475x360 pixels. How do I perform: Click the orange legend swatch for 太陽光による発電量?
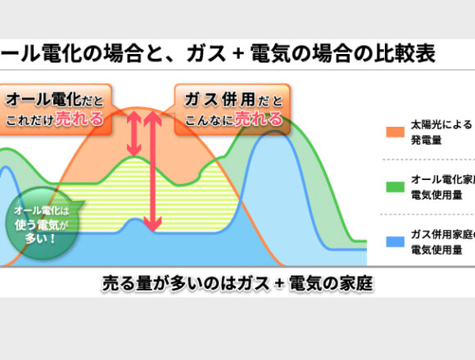[396, 133]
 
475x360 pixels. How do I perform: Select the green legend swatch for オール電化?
[396, 187]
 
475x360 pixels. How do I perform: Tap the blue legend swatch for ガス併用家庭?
[396, 241]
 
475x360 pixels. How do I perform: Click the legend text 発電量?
[426, 140]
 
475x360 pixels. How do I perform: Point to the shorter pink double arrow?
[133, 133]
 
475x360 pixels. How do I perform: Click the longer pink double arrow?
[152, 172]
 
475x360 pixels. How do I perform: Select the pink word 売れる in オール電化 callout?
[79, 119]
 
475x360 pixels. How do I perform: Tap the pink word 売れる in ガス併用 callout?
[259, 119]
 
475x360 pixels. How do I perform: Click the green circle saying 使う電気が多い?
[42, 223]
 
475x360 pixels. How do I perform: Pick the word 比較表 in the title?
[405, 53]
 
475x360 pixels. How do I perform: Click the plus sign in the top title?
[238, 54]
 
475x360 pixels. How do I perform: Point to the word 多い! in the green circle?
[40, 239]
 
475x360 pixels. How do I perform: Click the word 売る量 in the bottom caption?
[127, 283]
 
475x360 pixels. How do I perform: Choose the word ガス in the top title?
[206, 53]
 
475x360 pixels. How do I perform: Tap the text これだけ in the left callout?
[29, 120]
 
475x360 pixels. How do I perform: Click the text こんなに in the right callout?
[209, 120]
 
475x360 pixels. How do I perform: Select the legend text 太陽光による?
[441, 124]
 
